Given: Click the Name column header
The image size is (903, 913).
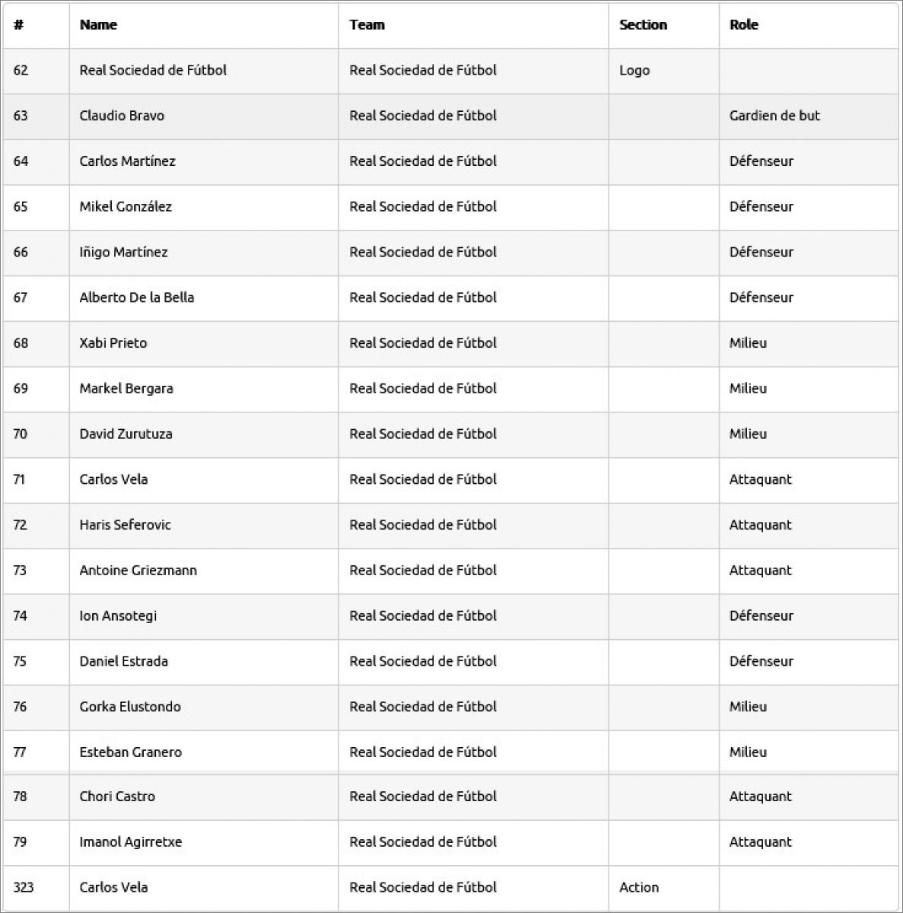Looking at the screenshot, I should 98,25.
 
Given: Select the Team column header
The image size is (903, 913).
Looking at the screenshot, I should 367,25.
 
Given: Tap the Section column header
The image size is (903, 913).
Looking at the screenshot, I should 643,25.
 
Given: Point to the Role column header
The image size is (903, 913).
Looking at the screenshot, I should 743,25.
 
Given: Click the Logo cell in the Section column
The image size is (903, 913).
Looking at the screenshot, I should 634,71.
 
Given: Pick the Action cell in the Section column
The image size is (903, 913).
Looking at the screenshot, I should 639,887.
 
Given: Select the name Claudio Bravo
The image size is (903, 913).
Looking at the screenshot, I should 122,116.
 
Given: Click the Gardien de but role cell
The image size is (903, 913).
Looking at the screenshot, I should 774,116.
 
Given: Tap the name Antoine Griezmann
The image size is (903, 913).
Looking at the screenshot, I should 138,571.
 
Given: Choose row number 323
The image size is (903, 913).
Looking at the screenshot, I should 24,887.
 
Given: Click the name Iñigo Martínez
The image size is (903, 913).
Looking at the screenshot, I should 123,252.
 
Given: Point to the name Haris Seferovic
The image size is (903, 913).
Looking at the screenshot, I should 125,525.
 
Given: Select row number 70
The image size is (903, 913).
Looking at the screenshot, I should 20,434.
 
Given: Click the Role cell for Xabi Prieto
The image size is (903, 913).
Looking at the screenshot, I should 748,343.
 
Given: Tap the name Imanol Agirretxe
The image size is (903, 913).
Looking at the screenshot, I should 130,842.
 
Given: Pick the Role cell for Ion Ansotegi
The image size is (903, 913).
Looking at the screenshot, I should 761,616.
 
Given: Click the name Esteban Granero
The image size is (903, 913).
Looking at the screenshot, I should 130,752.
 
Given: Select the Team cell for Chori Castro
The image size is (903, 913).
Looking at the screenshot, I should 422,797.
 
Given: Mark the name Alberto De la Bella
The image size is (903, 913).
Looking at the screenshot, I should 136,297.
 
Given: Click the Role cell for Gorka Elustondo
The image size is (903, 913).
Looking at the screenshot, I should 748,707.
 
